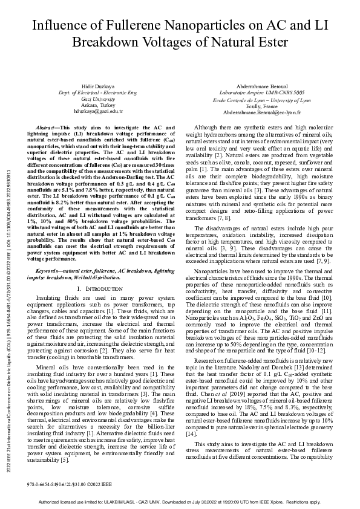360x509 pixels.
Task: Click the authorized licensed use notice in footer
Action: pyautogui.click(x=180, y=502)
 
